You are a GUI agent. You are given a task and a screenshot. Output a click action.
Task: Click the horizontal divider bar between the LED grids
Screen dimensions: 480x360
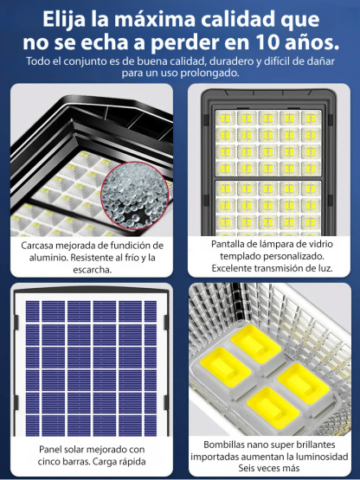tap(268, 176)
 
